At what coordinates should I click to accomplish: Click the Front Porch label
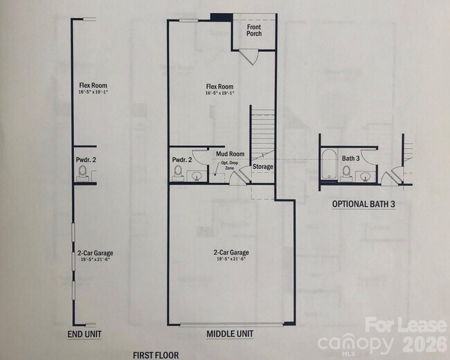[254, 30]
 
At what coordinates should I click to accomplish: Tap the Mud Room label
[230, 154]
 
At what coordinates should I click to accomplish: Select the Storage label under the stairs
[262, 167]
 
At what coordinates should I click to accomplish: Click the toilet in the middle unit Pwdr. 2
[178, 170]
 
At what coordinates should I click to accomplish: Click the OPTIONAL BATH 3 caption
[363, 204]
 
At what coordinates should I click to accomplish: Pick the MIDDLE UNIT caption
[230, 334]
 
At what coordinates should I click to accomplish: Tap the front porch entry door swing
[250, 57]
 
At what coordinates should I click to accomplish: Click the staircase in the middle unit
[262, 132]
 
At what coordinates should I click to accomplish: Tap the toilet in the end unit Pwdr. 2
[83, 171]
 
